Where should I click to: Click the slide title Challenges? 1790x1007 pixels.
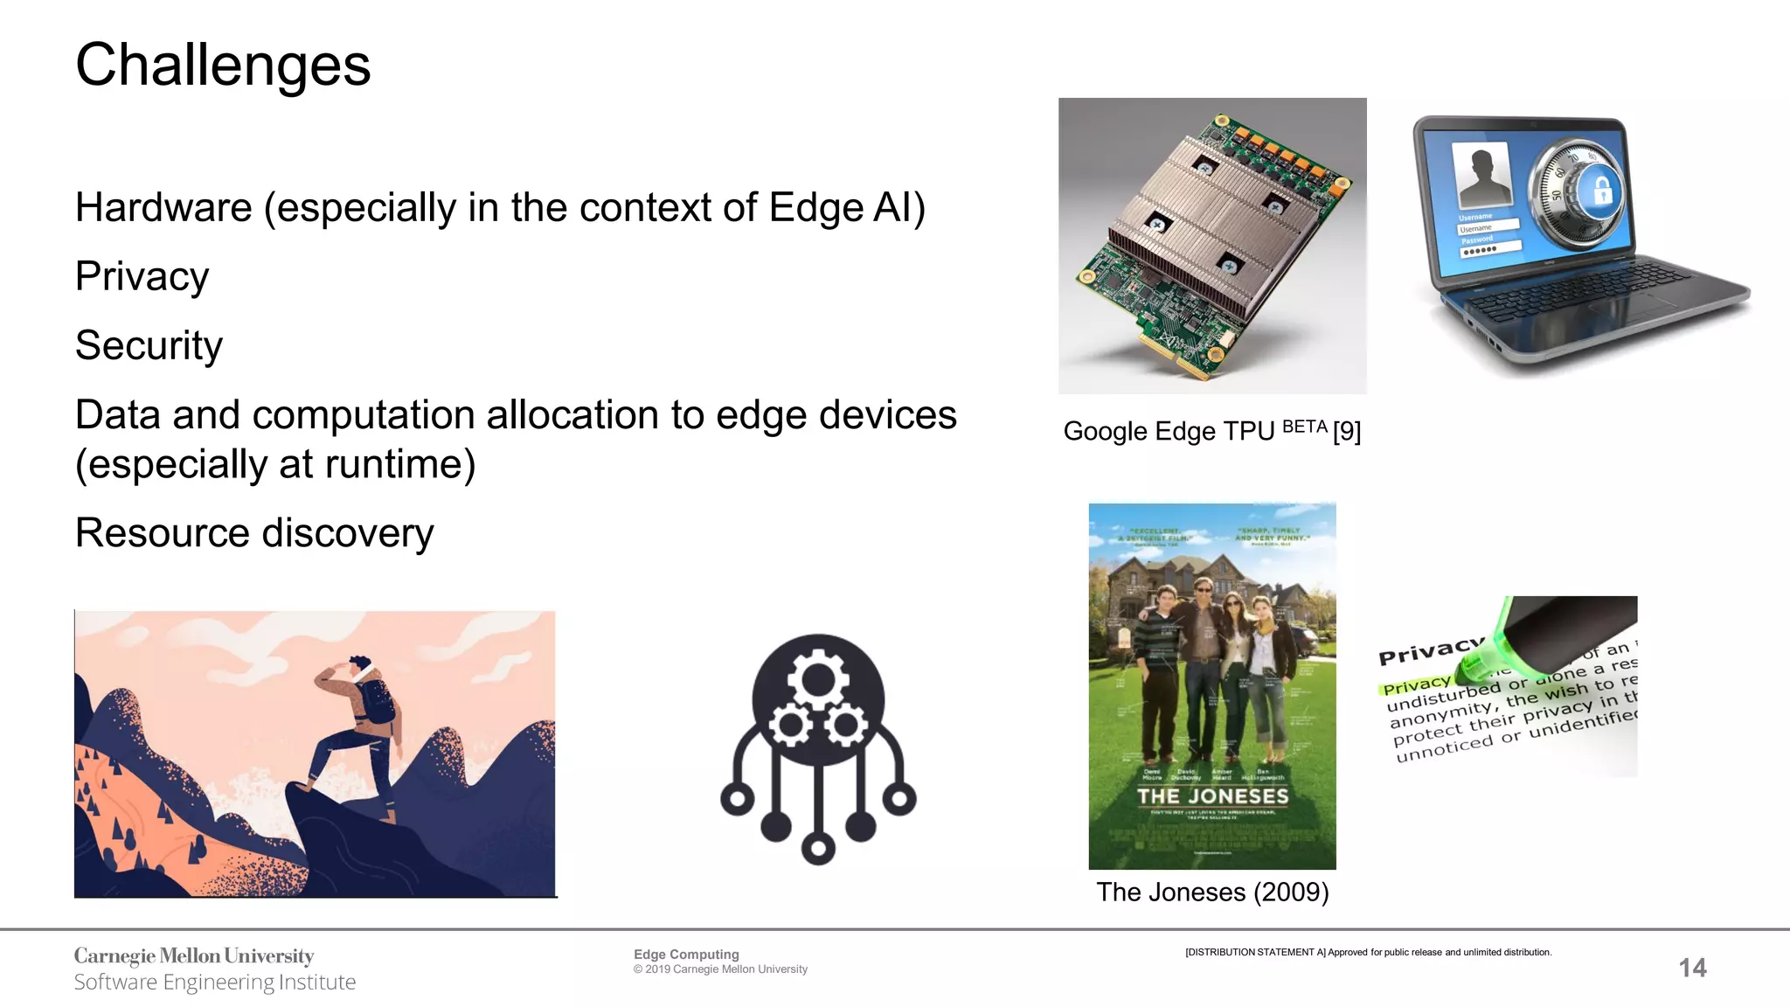coord(223,66)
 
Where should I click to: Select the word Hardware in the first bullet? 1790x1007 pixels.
coord(163,208)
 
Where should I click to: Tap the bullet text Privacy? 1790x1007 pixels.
coord(142,277)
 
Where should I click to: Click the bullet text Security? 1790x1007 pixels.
coord(149,345)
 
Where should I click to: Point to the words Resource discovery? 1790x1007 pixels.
coord(254,533)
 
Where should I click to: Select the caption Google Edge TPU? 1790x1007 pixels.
coord(1169,431)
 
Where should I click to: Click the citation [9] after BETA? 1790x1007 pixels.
coord(1347,431)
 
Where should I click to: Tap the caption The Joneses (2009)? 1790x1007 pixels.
coord(1212,892)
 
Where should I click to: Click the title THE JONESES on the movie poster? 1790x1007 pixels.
coord(1212,796)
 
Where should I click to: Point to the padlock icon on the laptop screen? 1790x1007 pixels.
coord(1602,191)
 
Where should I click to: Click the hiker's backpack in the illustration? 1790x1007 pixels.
coord(378,701)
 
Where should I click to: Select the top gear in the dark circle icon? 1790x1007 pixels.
coord(818,677)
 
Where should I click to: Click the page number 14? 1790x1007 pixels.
coord(1692,968)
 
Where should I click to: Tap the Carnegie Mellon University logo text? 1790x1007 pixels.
coord(194,955)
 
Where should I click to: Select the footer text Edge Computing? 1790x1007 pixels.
coord(686,955)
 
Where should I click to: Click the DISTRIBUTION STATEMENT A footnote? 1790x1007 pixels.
coord(1368,952)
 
